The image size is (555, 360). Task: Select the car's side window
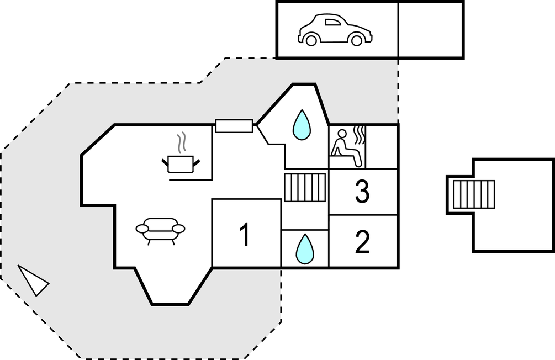[332, 23]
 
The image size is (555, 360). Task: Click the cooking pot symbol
[180, 163]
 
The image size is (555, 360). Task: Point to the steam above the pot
[181, 143]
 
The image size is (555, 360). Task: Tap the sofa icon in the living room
[160, 229]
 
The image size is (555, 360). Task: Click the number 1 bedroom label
[244, 235]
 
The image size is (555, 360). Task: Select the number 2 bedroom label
[362, 243]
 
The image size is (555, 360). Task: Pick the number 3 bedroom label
[362, 192]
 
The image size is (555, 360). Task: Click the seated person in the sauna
[346, 147]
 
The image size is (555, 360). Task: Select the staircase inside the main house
[305, 187]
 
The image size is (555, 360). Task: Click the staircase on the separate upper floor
[474, 194]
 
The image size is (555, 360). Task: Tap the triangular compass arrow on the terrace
[34, 280]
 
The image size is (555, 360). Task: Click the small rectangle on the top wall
[234, 126]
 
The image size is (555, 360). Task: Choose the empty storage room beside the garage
[431, 30]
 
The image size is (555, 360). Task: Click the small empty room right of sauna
[382, 146]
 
